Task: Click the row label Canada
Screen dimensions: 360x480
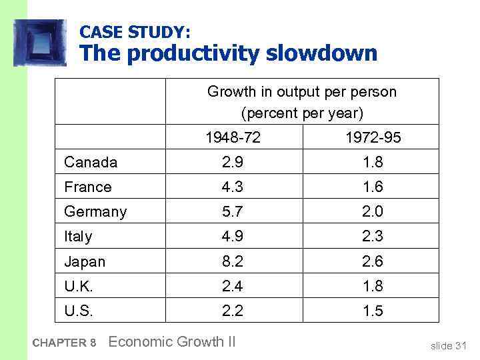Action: pyautogui.click(x=91, y=162)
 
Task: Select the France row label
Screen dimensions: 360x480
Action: pyautogui.click(x=88, y=187)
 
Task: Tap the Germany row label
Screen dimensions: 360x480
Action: pyautogui.click(x=95, y=212)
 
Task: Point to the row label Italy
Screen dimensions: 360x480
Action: pyautogui.click(x=78, y=237)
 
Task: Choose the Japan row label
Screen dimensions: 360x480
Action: pyautogui.click(x=85, y=261)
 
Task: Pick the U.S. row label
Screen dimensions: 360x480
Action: pyautogui.click(x=78, y=311)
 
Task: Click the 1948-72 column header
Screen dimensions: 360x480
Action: pyautogui.click(x=233, y=138)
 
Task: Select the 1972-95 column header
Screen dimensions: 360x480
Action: pyautogui.click(x=373, y=138)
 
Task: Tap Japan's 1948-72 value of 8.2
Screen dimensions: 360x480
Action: pyautogui.click(x=233, y=261)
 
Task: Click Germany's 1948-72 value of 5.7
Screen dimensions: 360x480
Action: pyautogui.click(x=233, y=212)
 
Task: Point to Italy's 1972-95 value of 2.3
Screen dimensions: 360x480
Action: pyautogui.click(x=373, y=237)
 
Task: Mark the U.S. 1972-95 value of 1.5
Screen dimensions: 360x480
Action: pyautogui.click(x=373, y=311)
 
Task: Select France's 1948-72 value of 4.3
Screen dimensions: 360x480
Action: pyautogui.click(x=233, y=187)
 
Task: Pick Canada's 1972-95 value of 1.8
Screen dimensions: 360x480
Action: pyautogui.click(x=373, y=162)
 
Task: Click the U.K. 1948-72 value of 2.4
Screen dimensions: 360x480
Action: pyautogui.click(x=233, y=286)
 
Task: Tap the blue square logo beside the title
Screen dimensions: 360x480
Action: pyautogui.click(x=40, y=43)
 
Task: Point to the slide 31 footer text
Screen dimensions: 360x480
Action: pyautogui.click(x=449, y=345)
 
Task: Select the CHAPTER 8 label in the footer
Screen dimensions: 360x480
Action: pyautogui.click(x=64, y=343)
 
